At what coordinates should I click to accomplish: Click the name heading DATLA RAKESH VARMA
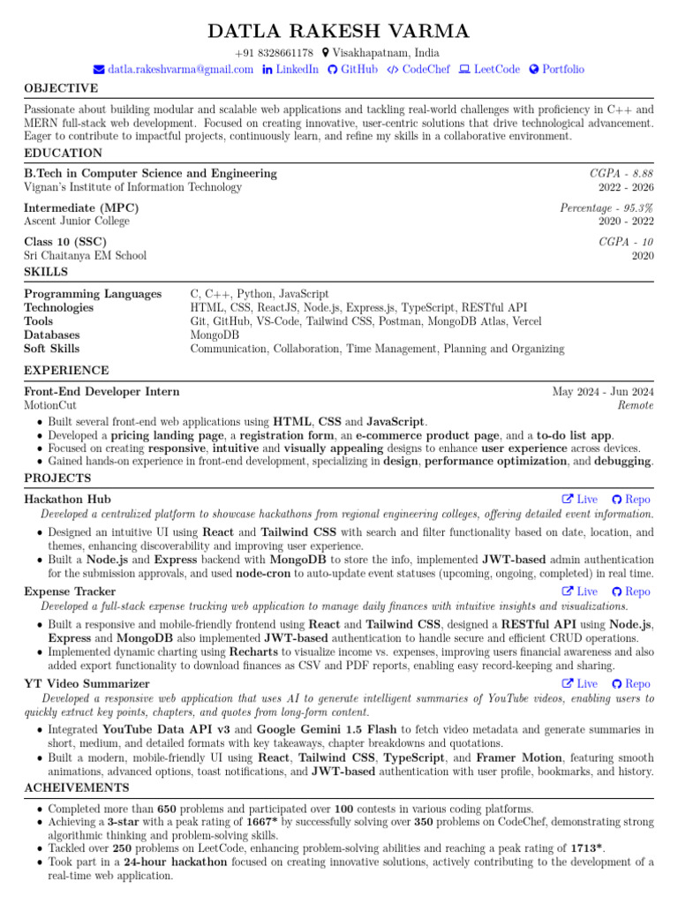click(x=339, y=32)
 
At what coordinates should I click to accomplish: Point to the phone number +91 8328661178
click(x=274, y=53)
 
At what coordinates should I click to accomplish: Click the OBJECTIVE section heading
click(x=61, y=88)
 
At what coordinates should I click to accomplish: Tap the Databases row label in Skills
click(x=52, y=335)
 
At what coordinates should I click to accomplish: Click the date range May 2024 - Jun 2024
click(x=603, y=392)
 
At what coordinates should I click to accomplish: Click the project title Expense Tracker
click(x=70, y=591)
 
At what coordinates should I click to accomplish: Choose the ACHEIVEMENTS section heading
click(x=77, y=787)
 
